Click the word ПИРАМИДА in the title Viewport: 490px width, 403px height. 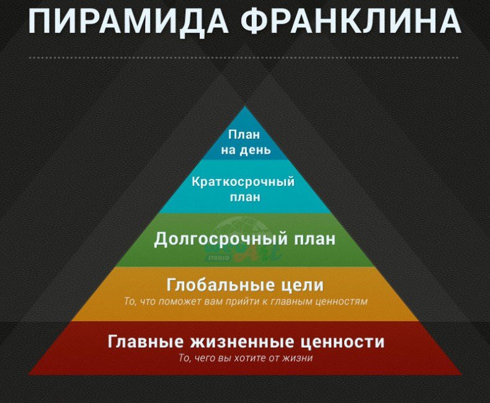128,21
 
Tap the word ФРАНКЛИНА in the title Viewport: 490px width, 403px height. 351,20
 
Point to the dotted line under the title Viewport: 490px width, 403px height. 244,58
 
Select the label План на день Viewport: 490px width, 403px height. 245,142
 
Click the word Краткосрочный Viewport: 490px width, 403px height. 243,182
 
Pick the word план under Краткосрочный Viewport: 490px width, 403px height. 245,197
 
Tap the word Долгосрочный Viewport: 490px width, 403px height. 221,239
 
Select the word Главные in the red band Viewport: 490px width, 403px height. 145,341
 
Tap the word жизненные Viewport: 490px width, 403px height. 241,342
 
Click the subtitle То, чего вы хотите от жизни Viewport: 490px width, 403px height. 246,358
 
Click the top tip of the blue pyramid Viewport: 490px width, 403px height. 245,106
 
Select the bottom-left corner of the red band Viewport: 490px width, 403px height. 28,375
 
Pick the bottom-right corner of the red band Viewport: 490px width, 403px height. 462,375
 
